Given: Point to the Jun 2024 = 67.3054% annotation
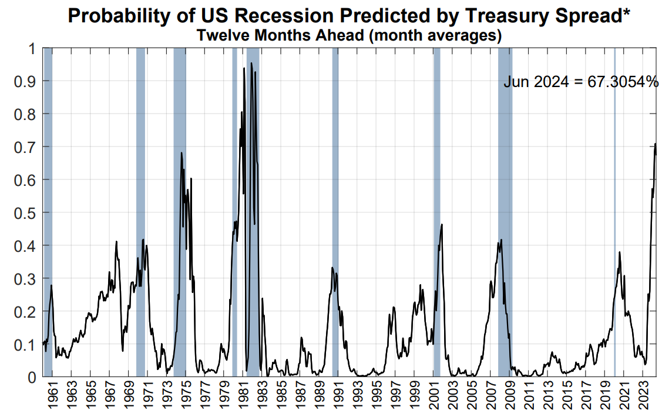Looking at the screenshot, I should coord(581,82).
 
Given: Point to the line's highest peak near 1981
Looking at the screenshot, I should coord(244,68).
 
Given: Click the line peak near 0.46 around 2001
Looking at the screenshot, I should coord(442,224).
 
